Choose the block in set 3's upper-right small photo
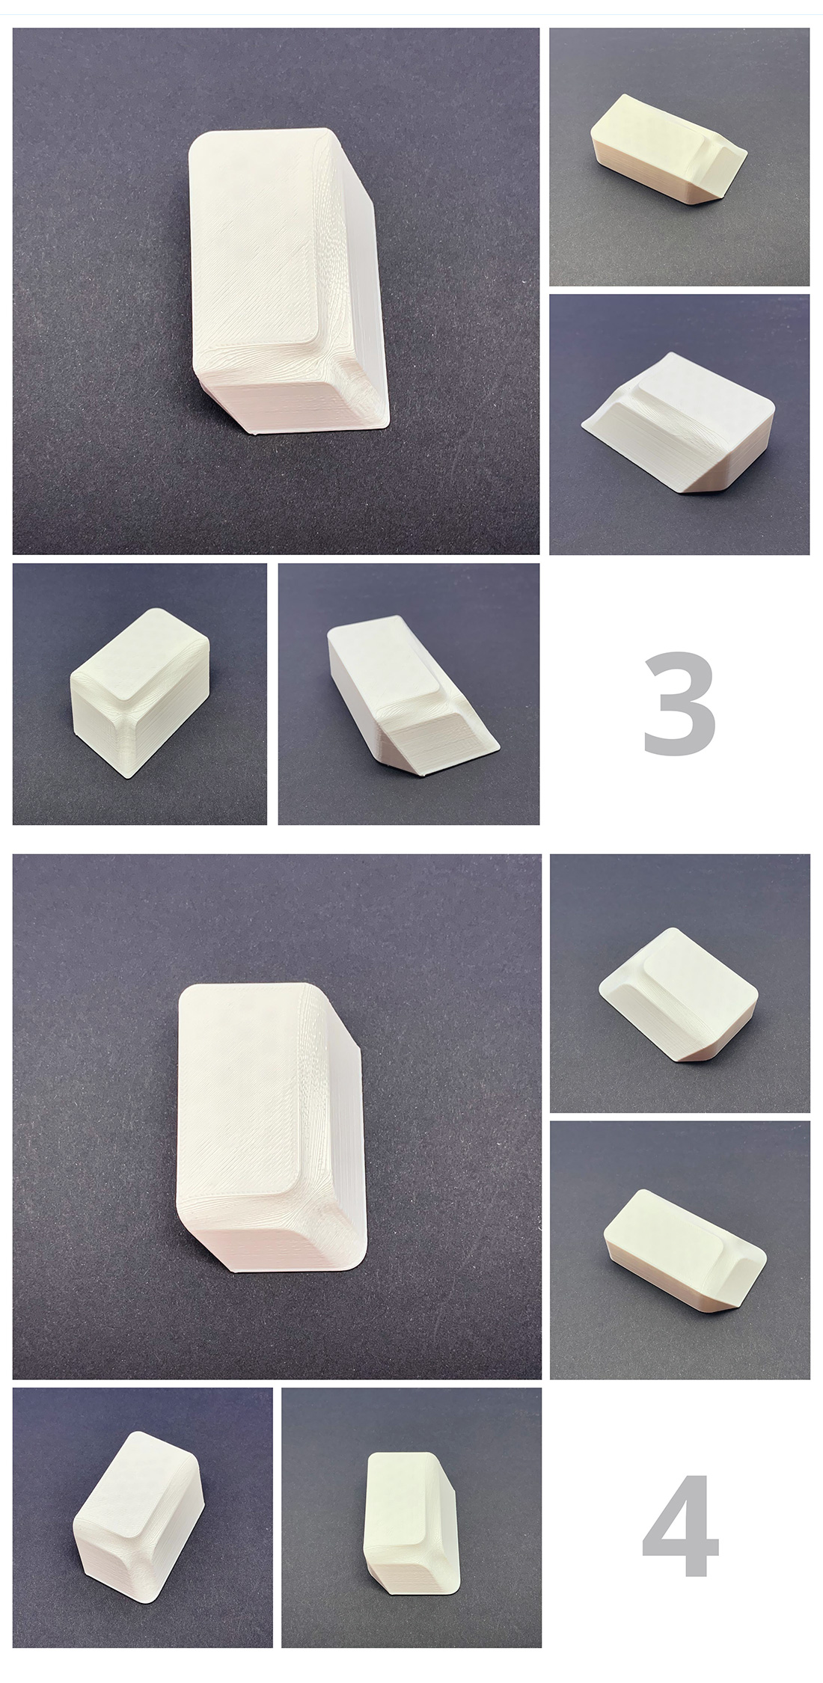[x=666, y=150]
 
